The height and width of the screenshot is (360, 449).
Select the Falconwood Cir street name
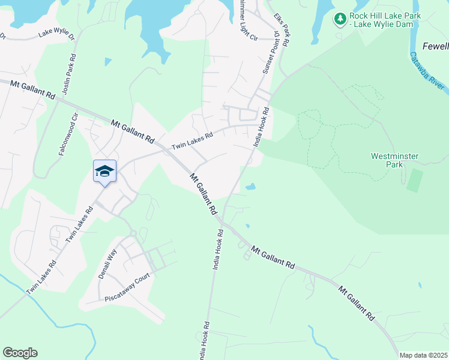[x=68, y=135]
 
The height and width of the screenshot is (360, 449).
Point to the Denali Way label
[x=106, y=263]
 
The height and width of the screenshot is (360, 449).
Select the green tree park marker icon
[x=340, y=19]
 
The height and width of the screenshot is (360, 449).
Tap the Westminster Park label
[x=394, y=160]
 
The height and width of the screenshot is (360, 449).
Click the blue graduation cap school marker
[x=104, y=171]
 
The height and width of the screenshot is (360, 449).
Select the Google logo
[x=20, y=353]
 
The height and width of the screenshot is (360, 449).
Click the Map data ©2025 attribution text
[x=423, y=355]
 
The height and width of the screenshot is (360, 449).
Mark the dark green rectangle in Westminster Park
[x=414, y=180]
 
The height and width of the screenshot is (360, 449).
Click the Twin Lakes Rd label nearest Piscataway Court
[x=41, y=277]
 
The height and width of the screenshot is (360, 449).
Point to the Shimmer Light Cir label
[x=244, y=20]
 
